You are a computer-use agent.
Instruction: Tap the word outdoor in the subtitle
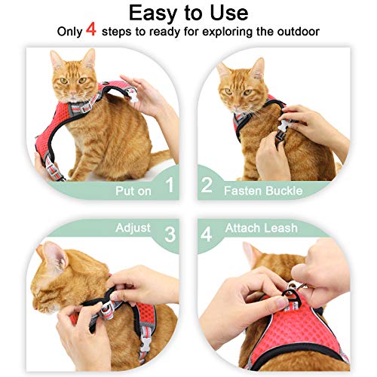pyautogui.click(x=293, y=33)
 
